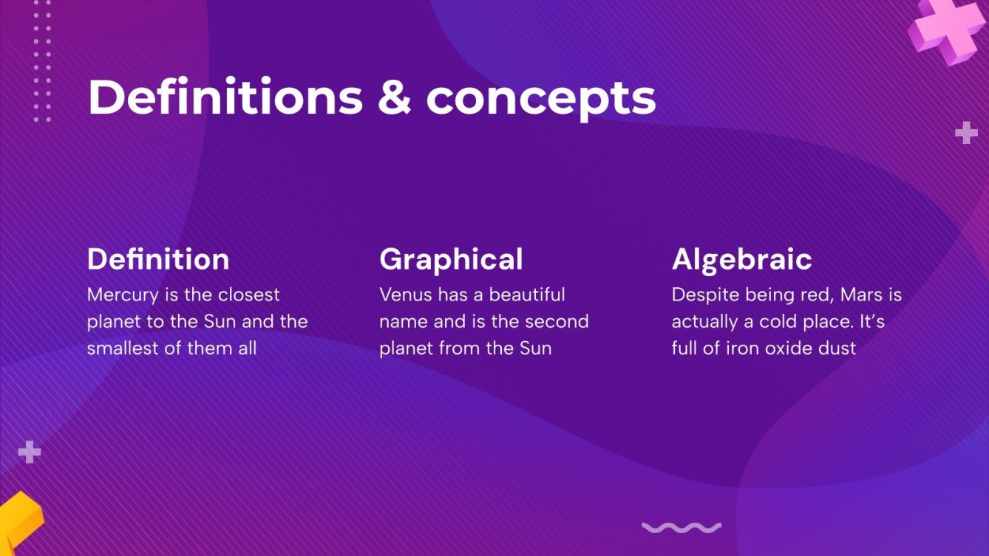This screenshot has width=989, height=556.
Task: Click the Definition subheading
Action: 158,260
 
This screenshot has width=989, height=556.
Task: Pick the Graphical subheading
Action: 451,260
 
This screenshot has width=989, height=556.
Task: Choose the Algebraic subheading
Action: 741,260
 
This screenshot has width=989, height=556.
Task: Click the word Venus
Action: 406,295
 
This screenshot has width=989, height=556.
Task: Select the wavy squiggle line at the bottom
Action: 681,527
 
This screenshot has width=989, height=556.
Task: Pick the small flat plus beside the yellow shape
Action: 29,451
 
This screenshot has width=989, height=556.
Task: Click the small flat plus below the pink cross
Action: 966,133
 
